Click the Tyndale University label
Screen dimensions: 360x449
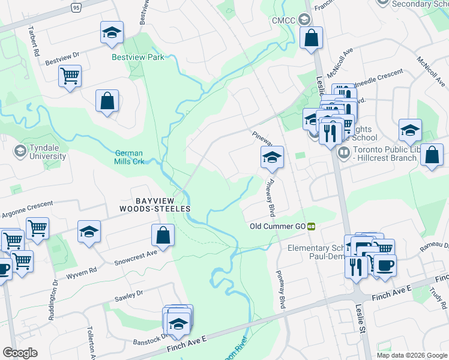[x=41, y=152]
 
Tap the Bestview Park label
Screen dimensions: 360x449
[x=138, y=58]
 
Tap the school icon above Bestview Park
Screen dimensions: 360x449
[x=112, y=34]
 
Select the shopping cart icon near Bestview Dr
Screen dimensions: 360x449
[x=70, y=77]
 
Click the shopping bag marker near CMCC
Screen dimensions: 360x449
[x=312, y=39]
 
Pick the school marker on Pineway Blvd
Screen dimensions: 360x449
[x=272, y=158]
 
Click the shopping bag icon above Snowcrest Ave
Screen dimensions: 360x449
[x=163, y=236]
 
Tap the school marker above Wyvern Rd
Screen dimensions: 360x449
[x=89, y=232]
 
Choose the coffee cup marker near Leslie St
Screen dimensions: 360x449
[x=385, y=265]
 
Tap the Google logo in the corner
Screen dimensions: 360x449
[x=20, y=353]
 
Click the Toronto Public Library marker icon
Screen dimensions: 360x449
[x=344, y=152]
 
